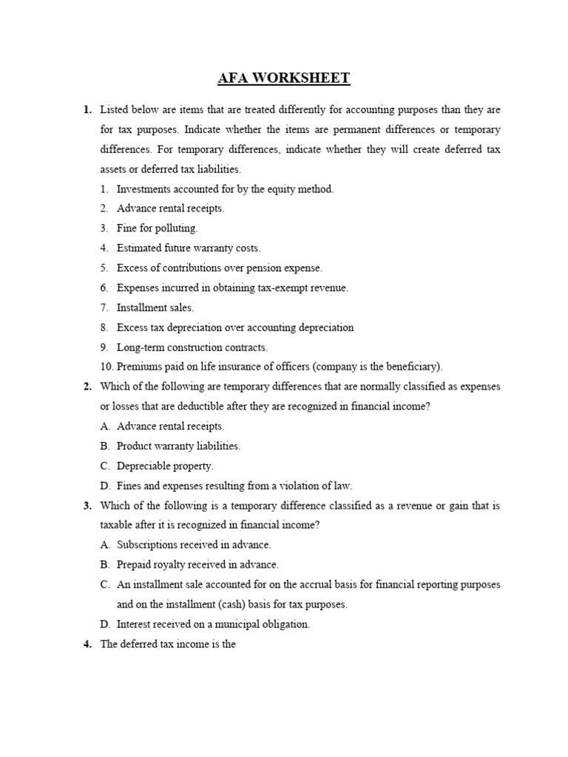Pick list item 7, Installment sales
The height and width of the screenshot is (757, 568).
(155, 308)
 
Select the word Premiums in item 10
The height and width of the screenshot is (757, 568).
(140, 367)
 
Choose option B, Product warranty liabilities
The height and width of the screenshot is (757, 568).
(178, 446)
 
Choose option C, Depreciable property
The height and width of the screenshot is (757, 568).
(165, 466)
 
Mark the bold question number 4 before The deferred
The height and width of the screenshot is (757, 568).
(87, 644)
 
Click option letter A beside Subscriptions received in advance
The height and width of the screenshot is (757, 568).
(104, 545)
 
